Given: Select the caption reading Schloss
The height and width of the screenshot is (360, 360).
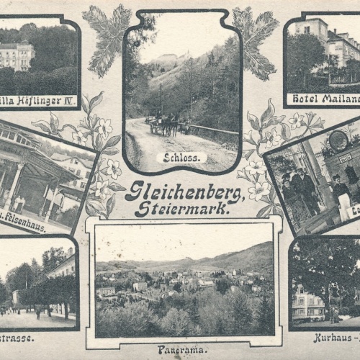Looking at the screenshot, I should [181, 157].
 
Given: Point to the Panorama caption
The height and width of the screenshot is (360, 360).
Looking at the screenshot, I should [181, 350].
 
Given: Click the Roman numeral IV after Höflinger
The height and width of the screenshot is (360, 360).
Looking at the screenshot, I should [69, 100].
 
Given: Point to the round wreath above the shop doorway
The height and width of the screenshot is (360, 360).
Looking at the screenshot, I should [338, 140].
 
